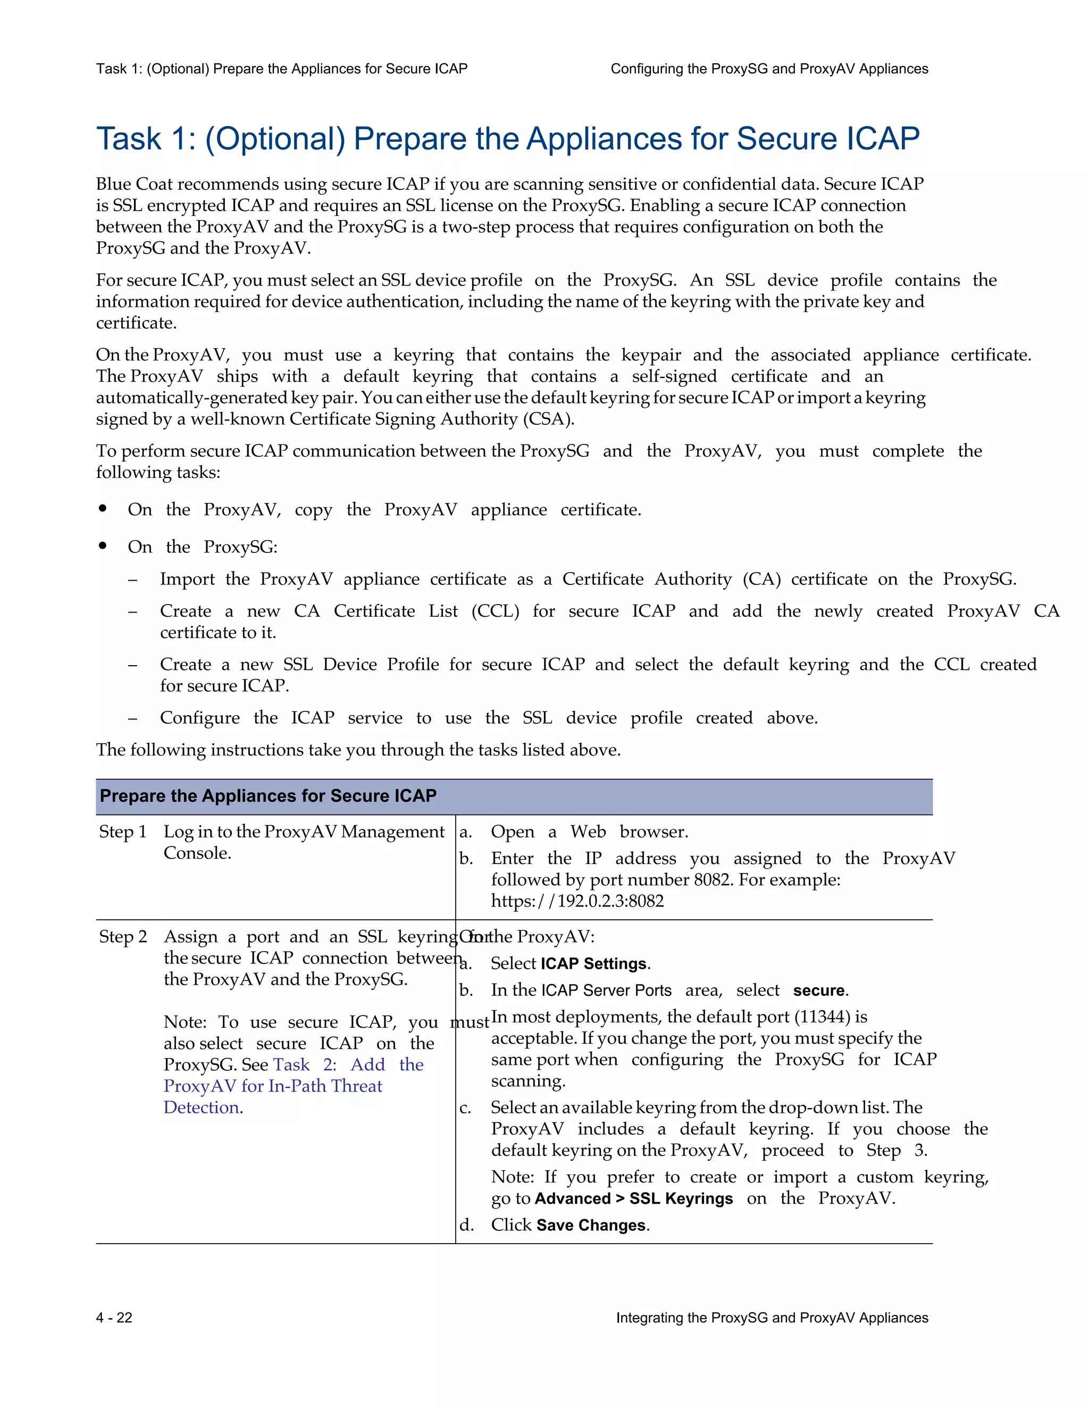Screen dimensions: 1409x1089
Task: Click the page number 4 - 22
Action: (x=114, y=1318)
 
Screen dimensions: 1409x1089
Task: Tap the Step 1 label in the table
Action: (x=123, y=832)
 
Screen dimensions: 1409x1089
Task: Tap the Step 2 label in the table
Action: (x=123, y=937)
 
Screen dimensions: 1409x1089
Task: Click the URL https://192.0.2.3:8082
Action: (x=577, y=901)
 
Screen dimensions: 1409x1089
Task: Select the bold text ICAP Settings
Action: (x=593, y=964)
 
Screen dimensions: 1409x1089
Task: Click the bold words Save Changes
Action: (x=591, y=1225)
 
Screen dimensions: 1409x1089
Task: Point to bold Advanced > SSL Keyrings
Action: (x=633, y=1198)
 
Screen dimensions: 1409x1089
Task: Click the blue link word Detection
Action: (x=202, y=1108)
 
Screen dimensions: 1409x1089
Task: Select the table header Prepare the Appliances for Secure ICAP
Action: (x=269, y=796)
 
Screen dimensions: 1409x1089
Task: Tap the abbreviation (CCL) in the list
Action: (x=495, y=611)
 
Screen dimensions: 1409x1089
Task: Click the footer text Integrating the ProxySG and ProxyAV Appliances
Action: (x=772, y=1318)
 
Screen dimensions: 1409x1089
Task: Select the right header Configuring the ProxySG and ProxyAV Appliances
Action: (x=769, y=69)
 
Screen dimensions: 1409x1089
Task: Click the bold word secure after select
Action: (x=819, y=991)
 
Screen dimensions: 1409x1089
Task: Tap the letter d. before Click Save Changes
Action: (x=466, y=1225)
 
